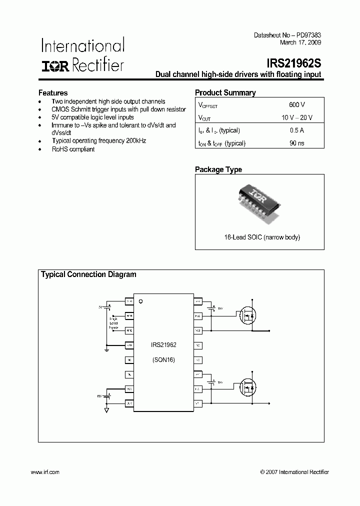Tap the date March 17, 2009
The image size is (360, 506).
click(x=300, y=42)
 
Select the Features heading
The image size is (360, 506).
click(x=53, y=93)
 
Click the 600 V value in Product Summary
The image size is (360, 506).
click(x=296, y=104)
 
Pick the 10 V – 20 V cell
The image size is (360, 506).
click(x=296, y=117)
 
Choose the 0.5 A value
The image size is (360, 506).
click(x=296, y=130)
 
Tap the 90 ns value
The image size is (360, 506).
click(x=296, y=143)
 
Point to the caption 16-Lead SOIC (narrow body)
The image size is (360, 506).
click(x=259, y=237)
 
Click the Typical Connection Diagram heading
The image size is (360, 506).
click(x=88, y=274)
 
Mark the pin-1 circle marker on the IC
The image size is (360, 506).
click(x=141, y=301)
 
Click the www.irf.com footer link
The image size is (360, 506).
click(x=45, y=472)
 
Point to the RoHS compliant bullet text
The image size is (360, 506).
click(x=73, y=149)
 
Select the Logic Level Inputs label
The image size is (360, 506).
click(x=114, y=322)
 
